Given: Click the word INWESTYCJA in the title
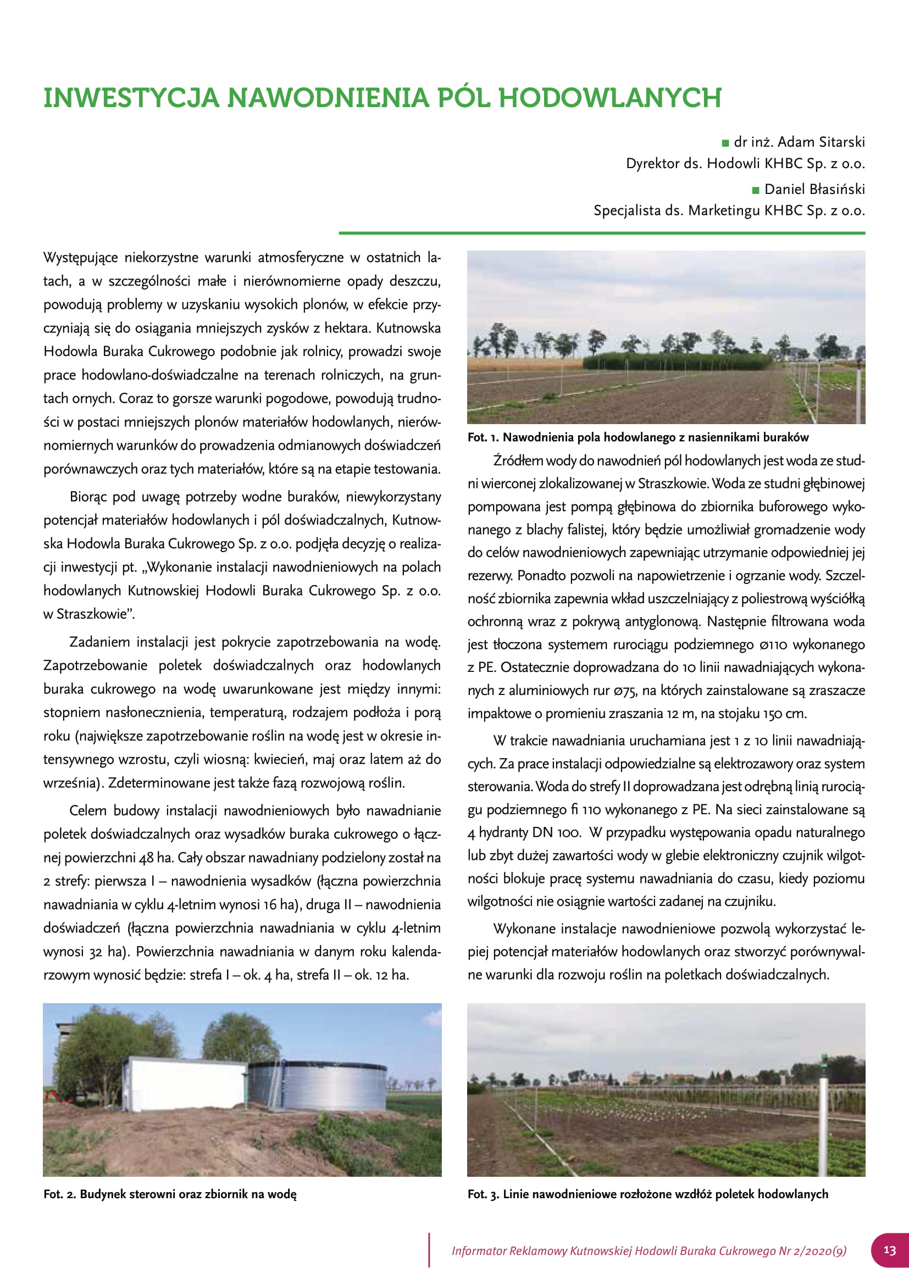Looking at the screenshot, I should coord(131,98).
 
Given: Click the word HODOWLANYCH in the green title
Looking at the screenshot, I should coord(609,98).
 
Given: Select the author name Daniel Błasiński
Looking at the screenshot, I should coord(814,189).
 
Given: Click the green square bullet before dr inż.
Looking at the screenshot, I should coord(726,143).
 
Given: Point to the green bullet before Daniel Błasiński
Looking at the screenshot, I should coord(756,190).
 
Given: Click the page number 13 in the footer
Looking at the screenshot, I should coord(889,1250).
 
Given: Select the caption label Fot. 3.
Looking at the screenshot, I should coord(483,1194).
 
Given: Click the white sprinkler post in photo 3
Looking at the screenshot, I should coord(823,1114).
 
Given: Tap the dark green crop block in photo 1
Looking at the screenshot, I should coord(677,361).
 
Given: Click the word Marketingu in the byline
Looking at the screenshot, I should coord(725,211).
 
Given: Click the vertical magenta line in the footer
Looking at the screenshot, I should coord(429,1249).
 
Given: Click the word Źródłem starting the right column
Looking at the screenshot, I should coord(518,461).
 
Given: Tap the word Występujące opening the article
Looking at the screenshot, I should coord(81,258).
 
